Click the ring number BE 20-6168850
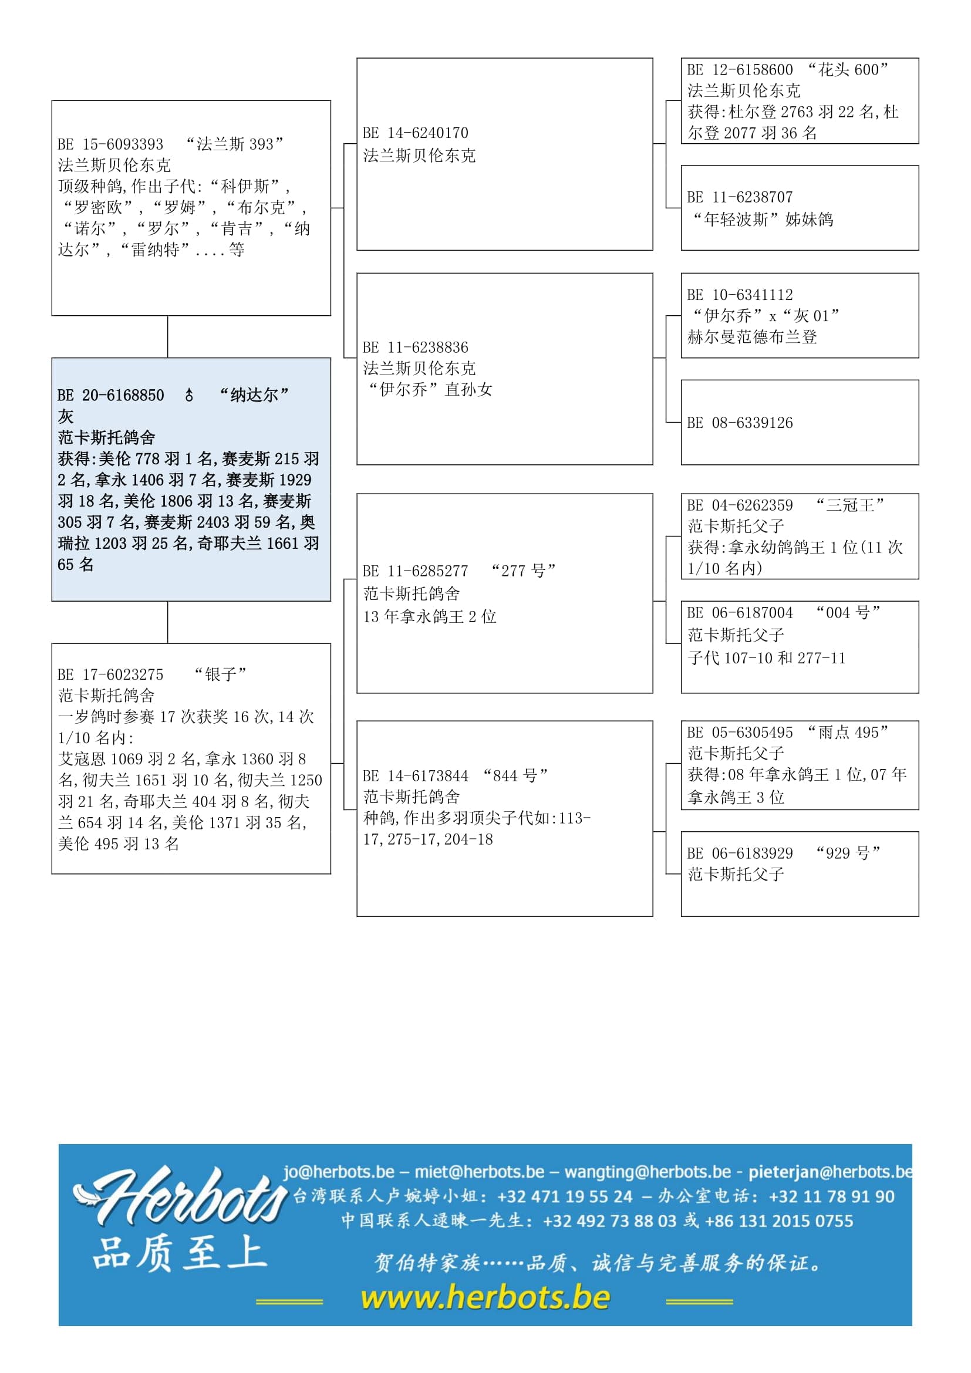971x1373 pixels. pos(110,395)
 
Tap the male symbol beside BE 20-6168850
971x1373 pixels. pos(189,395)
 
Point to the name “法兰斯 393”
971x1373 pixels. pos(234,144)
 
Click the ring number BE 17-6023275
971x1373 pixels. pos(110,674)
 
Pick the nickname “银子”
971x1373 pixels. pos(220,674)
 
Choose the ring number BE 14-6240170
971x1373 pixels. pos(416,133)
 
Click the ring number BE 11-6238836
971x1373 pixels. pos(416,348)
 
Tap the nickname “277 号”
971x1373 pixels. pos(523,571)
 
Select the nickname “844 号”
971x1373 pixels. pos(515,776)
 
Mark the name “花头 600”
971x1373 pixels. pos(848,70)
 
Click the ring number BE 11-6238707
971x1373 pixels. pos(740,197)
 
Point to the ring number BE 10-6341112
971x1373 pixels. pos(740,295)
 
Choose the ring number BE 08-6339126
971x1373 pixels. pos(740,423)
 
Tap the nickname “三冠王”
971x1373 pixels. pos(849,505)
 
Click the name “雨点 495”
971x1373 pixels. pos(848,733)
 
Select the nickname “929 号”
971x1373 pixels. pos(848,854)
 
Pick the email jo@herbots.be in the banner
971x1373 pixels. pos(339,1172)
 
